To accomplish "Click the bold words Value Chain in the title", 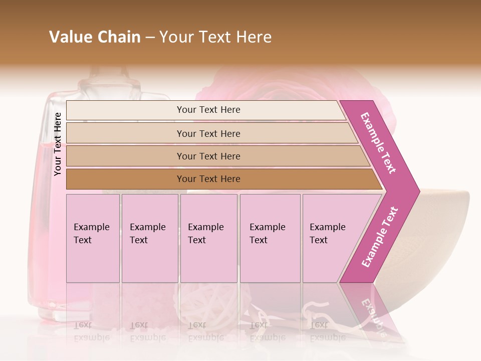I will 95,37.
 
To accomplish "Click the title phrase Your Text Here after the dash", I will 215,37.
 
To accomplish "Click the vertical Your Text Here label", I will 58,144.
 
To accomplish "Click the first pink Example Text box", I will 93,238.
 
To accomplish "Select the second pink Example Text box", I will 149,238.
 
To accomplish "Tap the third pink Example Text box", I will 208,238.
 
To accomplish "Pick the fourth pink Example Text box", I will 270,238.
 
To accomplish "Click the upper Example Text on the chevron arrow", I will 379,143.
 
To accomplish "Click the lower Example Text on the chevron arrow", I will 380,237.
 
